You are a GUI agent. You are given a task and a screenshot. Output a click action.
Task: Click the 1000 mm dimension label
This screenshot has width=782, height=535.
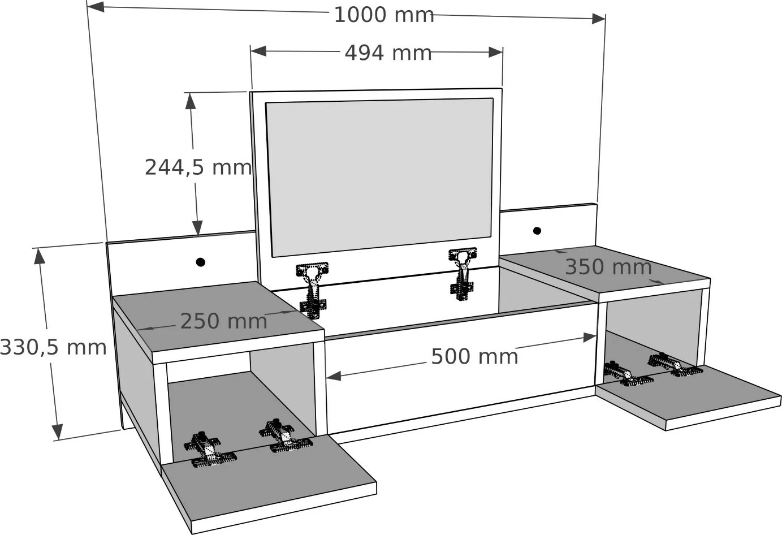(384, 15)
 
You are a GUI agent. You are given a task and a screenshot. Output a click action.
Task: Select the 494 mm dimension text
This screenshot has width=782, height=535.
(388, 53)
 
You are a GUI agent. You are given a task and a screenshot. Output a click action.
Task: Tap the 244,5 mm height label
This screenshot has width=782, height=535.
(198, 167)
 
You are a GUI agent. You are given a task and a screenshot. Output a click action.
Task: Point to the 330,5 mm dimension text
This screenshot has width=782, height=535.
(53, 347)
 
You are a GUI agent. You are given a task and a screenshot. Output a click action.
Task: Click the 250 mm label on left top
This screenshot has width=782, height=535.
(223, 321)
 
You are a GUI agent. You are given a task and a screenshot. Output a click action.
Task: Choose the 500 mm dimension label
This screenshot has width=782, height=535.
(474, 356)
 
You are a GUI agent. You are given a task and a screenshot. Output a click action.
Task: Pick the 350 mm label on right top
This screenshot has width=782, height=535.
(608, 267)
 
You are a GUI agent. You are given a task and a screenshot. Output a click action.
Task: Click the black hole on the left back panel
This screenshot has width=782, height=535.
(200, 262)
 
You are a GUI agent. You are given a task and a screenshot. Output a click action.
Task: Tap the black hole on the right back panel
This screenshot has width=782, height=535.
(537, 230)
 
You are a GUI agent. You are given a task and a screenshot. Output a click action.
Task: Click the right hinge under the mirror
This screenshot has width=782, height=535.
(463, 274)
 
